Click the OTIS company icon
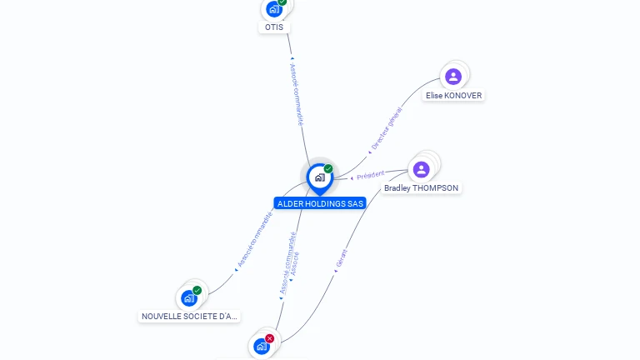(273, 10)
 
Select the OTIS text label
(274, 27)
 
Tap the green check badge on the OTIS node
(282, 2)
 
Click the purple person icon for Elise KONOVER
(452, 77)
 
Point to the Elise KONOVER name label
(454, 96)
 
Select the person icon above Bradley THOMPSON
(422, 169)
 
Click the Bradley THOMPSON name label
(421, 188)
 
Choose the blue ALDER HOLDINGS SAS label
(320, 203)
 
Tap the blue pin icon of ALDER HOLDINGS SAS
(319, 177)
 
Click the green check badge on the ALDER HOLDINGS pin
(328, 169)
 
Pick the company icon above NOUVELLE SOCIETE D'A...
(189, 297)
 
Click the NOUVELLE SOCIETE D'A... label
(190, 317)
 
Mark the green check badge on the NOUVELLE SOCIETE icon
(197, 290)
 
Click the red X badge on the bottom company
(269, 338)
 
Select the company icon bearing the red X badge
(262, 346)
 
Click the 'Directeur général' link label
(387, 128)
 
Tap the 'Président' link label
(370, 175)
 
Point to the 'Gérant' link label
(341, 258)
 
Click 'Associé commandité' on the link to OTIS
(297, 94)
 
